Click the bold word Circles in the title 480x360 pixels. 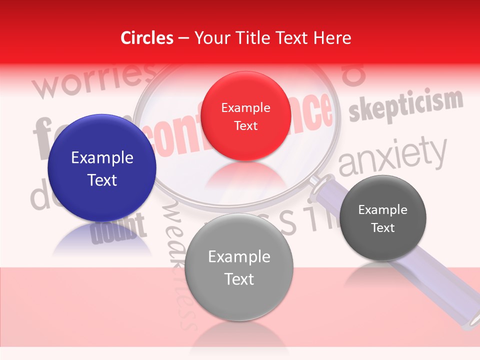(x=147, y=38)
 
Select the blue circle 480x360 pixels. (x=102, y=168)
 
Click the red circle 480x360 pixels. (x=245, y=116)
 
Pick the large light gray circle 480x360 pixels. (x=239, y=267)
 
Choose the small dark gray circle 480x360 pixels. (x=383, y=218)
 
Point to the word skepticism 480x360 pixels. (x=405, y=105)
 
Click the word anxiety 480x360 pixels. (x=392, y=156)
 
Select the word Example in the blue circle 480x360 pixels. (x=102, y=158)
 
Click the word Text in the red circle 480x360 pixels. (x=245, y=125)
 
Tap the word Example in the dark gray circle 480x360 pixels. (x=383, y=210)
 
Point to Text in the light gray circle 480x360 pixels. (x=239, y=278)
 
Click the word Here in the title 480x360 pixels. (x=332, y=38)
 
